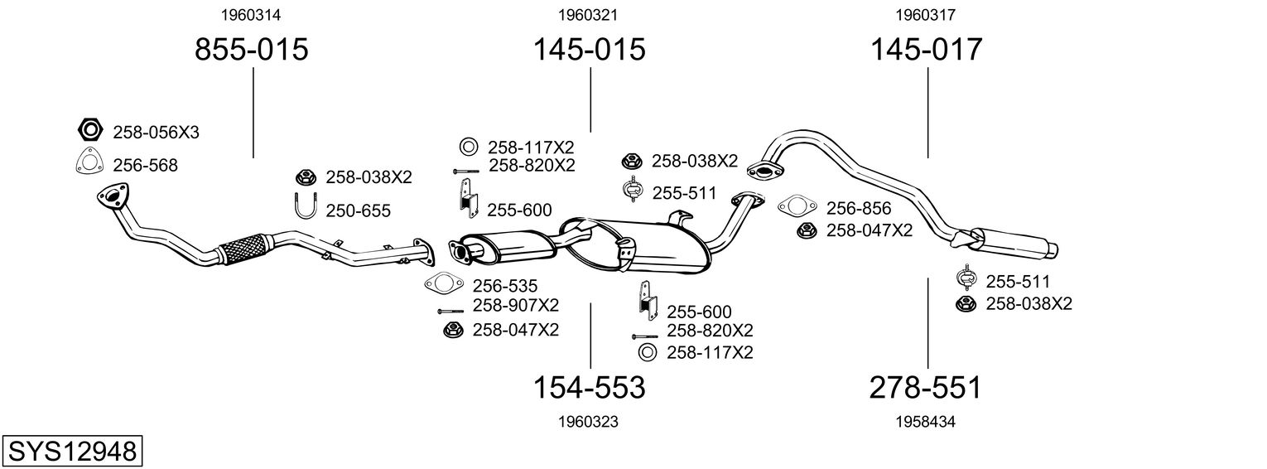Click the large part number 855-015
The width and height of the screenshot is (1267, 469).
coord(251,50)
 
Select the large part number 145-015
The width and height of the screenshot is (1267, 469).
coord(589,50)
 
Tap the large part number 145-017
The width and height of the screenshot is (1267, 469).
coord(926,50)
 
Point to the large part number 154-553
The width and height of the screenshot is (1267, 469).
coord(589,387)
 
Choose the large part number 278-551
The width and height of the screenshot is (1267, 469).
coord(926,387)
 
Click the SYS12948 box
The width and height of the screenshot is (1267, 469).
coord(72,452)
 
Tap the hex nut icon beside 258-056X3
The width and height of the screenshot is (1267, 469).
coord(89,131)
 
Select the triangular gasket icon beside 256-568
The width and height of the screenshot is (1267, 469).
coord(89,163)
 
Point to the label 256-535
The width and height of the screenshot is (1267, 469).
coord(506,285)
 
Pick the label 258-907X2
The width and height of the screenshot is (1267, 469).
coord(515,305)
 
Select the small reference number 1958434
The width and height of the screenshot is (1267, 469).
coord(926,422)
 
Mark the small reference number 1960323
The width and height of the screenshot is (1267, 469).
coord(589,422)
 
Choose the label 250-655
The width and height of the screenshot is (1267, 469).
coord(358,211)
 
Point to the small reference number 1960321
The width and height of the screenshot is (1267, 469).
coord(589,15)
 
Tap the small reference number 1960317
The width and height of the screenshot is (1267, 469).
coord(926,15)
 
